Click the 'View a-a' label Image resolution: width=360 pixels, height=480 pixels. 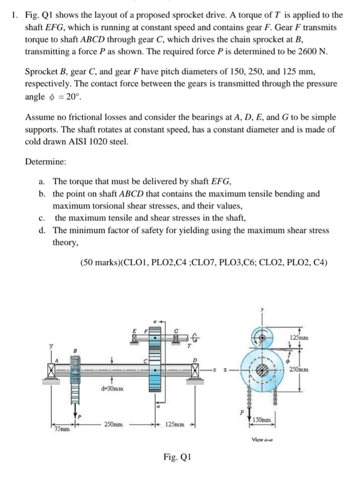pyautogui.click(x=262, y=440)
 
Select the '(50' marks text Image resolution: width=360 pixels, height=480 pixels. pyautogui.click(x=90, y=262)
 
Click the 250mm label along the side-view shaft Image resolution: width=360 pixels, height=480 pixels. pyautogui.click(x=114, y=424)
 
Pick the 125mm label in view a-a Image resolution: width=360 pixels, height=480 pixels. pyautogui.click(x=298, y=337)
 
